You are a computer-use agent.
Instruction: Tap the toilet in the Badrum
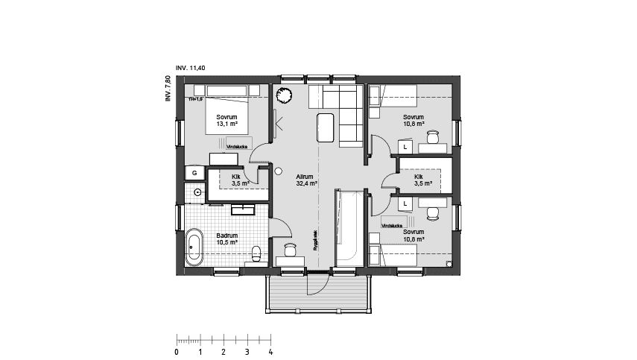click(x=256, y=253)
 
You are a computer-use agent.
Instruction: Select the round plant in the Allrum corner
click(x=284, y=95)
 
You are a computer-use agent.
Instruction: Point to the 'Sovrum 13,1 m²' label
click(x=226, y=121)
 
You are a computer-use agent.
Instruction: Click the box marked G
click(x=194, y=172)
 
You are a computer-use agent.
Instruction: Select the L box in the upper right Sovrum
click(x=405, y=148)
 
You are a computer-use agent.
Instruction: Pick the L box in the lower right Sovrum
click(x=405, y=203)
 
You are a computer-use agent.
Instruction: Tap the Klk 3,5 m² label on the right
click(x=423, y=180)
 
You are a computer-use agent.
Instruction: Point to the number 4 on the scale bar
click(x=270, y=351)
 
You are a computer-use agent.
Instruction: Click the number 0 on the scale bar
click(x=177, y=351)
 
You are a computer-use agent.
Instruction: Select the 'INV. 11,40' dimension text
click(x=190, y=69)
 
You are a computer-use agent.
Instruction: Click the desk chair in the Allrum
click(x=290, y=248)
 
